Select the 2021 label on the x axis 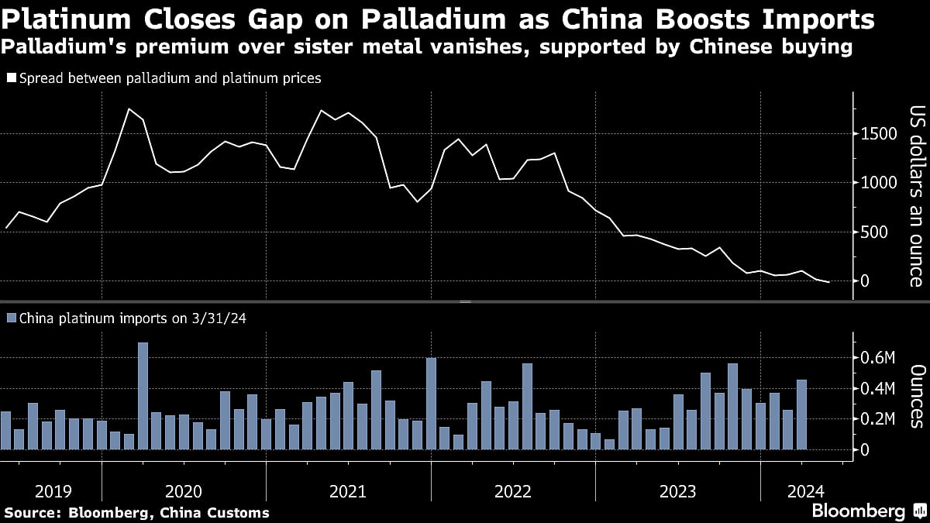(x=348, y=491)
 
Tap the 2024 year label (x=807, y=491)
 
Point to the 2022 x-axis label (x=513, y=491)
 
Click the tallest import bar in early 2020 (x=143, y=396)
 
